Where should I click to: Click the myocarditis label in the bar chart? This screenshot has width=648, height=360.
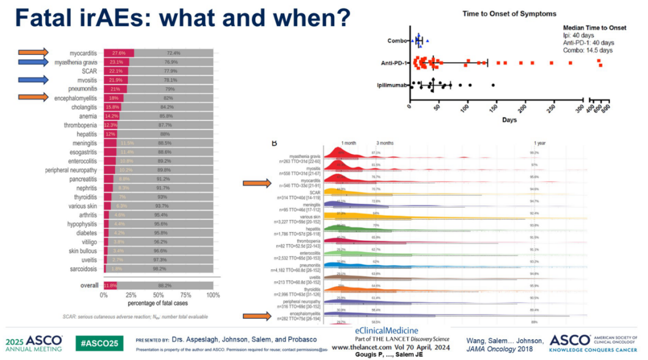pos(83,53)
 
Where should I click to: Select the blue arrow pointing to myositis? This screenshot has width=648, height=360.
pos(33,80)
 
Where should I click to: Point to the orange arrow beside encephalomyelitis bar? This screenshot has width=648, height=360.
pos(33,97)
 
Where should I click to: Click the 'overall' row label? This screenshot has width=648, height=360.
pos(89,286)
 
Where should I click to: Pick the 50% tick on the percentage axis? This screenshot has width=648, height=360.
pos(158,295)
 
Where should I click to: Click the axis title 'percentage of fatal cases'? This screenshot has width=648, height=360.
pos(158,303)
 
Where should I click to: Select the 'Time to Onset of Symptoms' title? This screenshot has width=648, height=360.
pos(509,14)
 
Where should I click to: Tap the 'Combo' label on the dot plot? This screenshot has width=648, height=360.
pos(397,41)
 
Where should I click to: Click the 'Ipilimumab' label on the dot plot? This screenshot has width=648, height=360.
pos(392,85)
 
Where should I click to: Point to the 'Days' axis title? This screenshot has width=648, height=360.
pos(509,120)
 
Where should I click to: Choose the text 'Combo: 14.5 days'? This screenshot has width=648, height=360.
pos(588,50)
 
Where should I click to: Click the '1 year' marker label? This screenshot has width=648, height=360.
pos(539,143)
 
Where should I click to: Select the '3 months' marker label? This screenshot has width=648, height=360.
pos(385,143)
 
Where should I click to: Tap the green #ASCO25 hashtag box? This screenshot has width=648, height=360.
pos(99,343)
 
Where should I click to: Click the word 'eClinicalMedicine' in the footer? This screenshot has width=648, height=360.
pos(386,331)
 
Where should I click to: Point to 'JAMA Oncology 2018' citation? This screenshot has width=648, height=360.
pos(499,349)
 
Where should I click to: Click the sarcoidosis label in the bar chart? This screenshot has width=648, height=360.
pos(83,269)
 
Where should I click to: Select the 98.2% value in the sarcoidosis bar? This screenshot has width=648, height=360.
pos(160,269)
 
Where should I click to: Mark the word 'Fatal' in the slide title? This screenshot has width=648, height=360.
pos(43,18)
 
